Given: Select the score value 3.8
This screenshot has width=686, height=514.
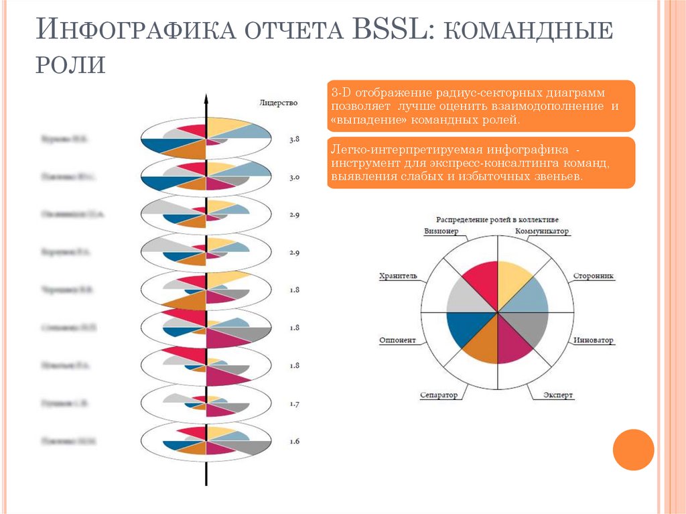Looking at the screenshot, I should [294, 140].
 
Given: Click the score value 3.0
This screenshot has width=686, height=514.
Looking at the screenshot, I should [294, 178].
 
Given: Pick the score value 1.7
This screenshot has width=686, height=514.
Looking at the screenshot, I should [294, 404].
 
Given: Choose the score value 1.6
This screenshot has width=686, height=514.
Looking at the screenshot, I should [294, 442].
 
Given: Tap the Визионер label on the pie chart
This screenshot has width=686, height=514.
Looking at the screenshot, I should [441, 231].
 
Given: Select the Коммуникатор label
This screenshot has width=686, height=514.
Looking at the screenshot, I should [542, 231].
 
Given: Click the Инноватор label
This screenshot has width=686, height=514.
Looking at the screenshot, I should [594, 340].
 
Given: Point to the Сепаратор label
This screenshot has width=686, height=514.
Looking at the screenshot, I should [439, 395].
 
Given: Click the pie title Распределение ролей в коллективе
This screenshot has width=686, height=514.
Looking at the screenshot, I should [497, 219].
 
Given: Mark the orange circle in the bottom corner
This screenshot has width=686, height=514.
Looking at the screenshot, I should [633, 449].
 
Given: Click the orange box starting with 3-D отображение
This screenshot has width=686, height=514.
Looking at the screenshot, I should [480, 106].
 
